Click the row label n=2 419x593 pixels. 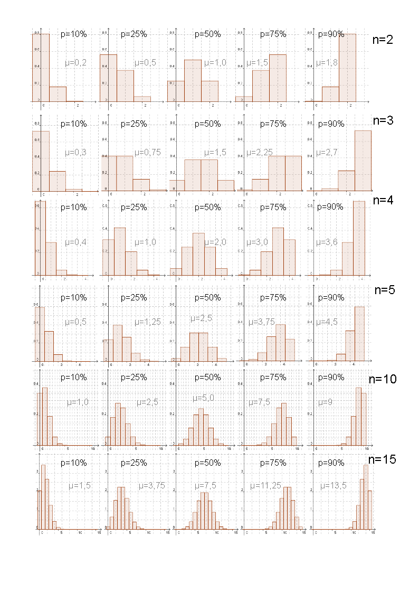point(382,40)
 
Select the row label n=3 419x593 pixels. point(383,120)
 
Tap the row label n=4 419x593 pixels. point(383,200)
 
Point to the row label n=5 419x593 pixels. point(385,290)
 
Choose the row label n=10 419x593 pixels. point(382,379)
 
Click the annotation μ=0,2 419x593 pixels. point(76,62)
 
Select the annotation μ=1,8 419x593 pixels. point(327,62)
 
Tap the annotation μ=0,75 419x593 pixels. point(147,152)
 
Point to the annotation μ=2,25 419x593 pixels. point(259,152)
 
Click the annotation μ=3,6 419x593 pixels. point(327,242)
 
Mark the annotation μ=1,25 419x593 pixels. point(147,322)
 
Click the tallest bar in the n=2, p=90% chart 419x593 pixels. point(347,68)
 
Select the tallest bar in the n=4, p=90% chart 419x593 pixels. point(359,238)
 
